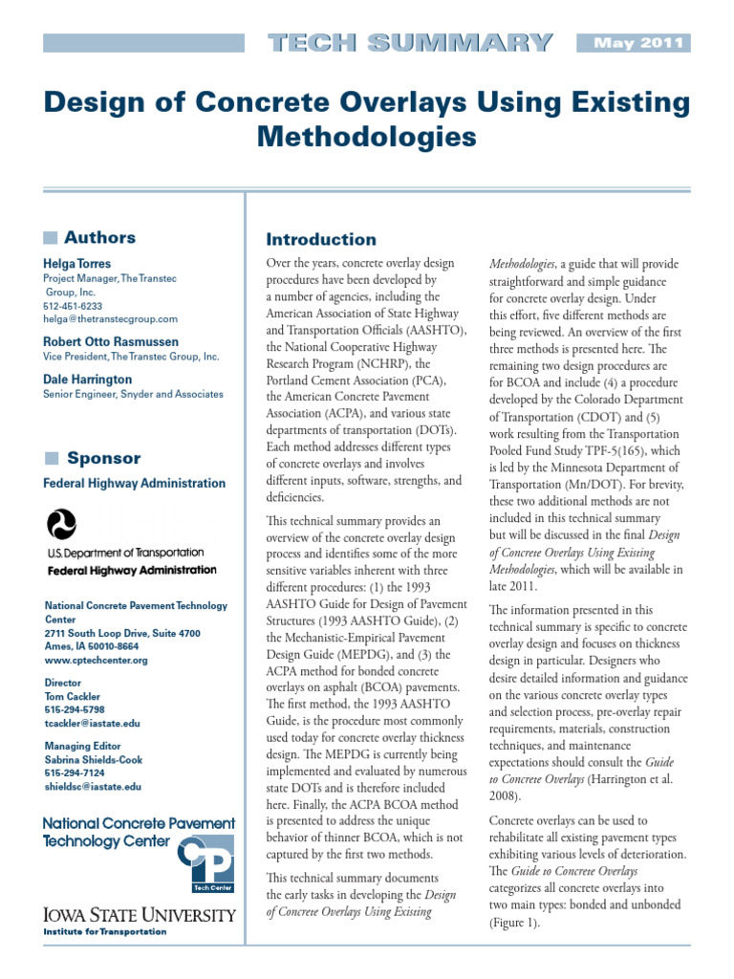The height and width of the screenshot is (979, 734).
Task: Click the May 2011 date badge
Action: coord(633,43)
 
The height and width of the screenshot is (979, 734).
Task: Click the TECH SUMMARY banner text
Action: coord(410,43)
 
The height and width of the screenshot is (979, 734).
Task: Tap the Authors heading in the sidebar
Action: coord(99,237)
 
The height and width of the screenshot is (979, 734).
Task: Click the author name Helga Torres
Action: coord(76,263)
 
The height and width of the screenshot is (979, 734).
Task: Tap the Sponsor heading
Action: coord(102,458)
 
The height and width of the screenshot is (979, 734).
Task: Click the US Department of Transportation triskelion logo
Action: coord(62,524)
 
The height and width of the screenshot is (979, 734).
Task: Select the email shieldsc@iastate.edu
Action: coord(93,786)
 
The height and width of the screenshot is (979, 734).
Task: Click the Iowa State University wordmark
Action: coord(140,915)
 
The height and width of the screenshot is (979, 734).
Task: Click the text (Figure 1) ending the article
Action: coord(515,925)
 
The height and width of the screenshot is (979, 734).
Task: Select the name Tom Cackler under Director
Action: coord(73,696)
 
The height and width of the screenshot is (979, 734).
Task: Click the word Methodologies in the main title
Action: coord(367,137)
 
